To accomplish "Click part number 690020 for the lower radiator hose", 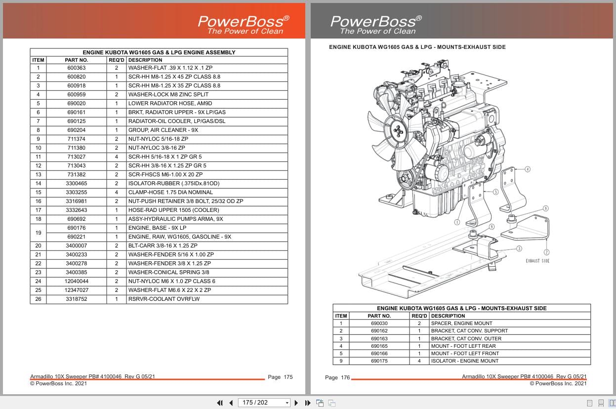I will pyautogui.click(x=76, y=104).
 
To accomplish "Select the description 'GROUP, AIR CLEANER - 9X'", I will pyautogui.click(x=163, y=130).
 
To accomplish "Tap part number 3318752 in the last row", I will pyautogui.click(x=76, y=299).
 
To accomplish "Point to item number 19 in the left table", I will pyautogui.click(x=38, y=232).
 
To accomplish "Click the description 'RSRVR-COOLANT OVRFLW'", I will pyautogui.click(x=164, y=299).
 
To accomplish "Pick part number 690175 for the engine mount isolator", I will pyautogui.click(x=379, y=361).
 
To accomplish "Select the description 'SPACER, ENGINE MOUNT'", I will pyautogui.click(x=461, y=324).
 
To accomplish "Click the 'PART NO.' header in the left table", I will pyautogui.click(x=76, y=60).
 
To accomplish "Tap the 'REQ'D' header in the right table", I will pyautogui.click(x=419, y=316).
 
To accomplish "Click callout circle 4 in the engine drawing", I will pyautogui.click(x=527, y=169).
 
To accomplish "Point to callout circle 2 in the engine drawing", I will pyautogui.click(x=547, y=239).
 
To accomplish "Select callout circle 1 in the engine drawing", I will pyautogui.click(x=457, y=222).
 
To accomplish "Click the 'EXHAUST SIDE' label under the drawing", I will pyautogui.click(x=537, y=261).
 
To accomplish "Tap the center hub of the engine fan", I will pyautogui.click(x=398, y=130).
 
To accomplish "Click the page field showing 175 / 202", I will pyautogui.click(x=264, y=403).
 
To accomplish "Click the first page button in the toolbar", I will pyautogui.click(x=220, y=403).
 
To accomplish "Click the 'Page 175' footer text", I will pyautogui.click(x=280, y=377).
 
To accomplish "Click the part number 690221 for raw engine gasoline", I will pyautogui.click(x=76, y=237).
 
